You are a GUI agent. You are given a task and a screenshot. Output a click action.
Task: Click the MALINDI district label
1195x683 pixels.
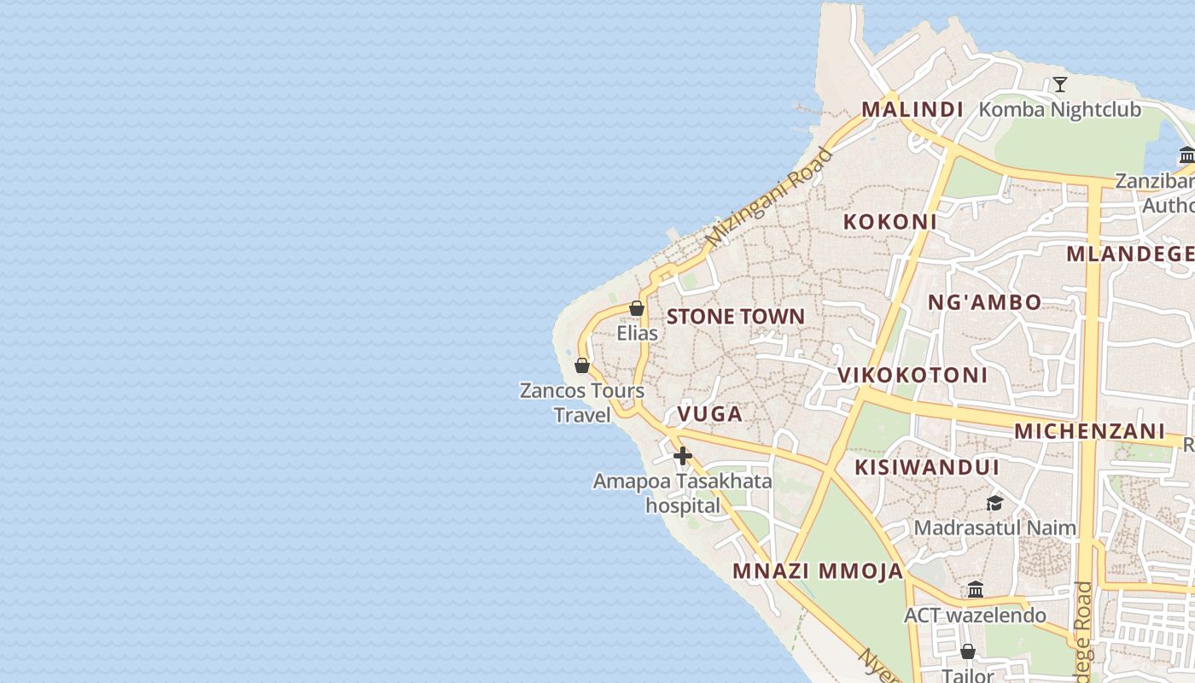point(912,109)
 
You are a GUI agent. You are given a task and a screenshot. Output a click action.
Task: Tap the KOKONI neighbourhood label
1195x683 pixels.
point(889,221)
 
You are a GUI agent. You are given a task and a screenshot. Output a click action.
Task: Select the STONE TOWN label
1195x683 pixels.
point(735,316)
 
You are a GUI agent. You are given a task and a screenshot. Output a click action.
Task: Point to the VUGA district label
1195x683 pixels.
point(709,414)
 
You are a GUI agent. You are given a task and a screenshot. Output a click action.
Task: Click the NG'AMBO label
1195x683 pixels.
point(984,302)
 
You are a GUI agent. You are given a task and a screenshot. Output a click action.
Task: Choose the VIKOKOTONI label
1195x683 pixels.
point(912,375)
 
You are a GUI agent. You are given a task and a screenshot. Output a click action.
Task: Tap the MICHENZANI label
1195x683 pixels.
point(1089,431)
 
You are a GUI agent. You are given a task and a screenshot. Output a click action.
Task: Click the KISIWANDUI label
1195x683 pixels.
point(926,467)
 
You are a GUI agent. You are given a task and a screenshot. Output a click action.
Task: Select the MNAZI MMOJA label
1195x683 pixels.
point(817,571)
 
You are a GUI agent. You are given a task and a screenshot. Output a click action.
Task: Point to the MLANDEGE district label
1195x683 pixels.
point(1130,254)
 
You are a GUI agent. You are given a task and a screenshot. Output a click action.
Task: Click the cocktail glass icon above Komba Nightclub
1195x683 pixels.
point(1059,84)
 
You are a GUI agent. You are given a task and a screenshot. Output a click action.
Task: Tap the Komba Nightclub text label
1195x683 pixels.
point(1059,109)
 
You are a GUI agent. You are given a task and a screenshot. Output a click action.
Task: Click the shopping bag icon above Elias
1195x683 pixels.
point(637,308)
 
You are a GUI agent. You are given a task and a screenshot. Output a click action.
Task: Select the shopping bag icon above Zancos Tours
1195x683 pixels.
point(582,365)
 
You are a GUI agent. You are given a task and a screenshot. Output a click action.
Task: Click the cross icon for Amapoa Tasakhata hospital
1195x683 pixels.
point(682,456)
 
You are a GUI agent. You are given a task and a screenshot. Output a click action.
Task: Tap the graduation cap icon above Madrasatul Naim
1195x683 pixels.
point(994,503)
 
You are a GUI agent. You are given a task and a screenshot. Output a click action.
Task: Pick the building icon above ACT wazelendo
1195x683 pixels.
point(976,589)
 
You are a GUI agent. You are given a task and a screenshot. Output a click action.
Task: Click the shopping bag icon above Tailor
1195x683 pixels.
point(968,651)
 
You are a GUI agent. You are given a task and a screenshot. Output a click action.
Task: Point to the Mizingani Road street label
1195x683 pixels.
point(769,198)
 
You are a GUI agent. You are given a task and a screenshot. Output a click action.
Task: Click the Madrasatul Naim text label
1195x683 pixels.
point(994,528)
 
